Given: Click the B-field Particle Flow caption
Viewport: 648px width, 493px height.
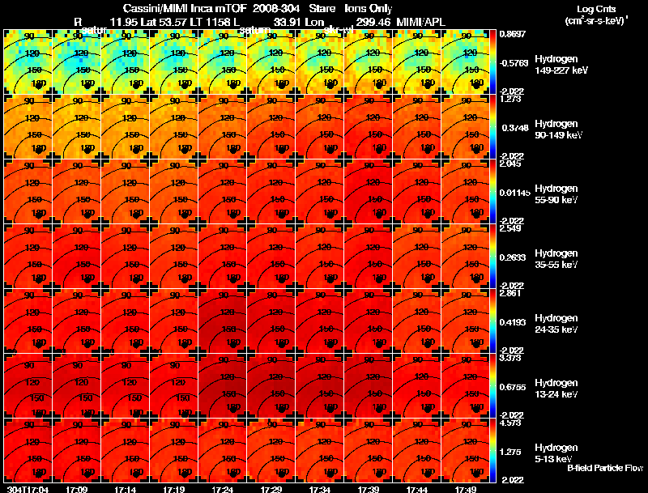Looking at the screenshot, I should click(605, 469).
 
